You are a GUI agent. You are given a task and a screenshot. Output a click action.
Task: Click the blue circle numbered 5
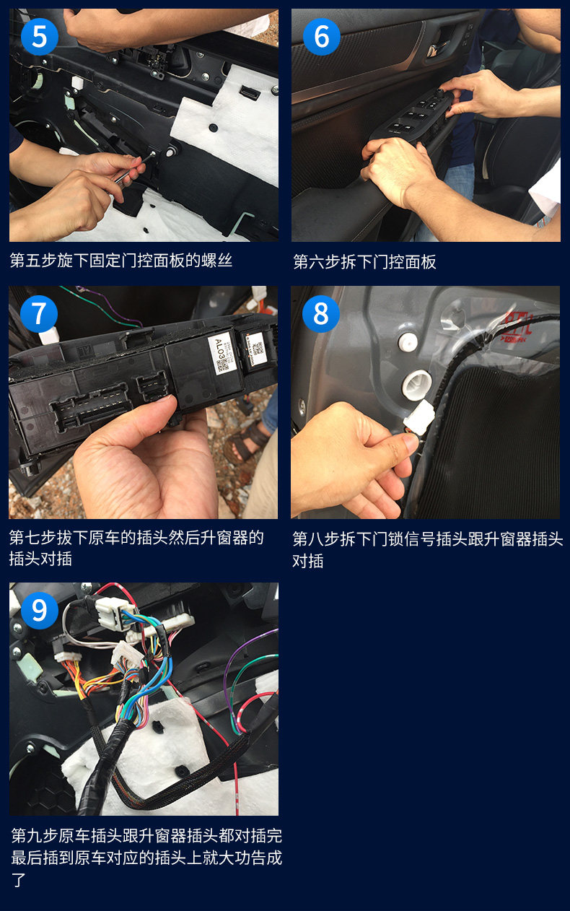point(40,37)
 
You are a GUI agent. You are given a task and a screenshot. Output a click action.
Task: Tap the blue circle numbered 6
point(322,37)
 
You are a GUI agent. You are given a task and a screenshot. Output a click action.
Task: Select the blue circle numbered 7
point(39,314)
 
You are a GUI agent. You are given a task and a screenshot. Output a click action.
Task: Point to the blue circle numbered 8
point(321,314)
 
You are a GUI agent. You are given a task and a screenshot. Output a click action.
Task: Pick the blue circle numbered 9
point(40,611)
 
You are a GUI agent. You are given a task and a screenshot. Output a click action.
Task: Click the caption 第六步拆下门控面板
point(364,262)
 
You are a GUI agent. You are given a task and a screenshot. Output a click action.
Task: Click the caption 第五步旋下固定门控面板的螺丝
point(121,261)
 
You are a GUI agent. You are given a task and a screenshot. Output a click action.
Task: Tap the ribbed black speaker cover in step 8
point(488,443)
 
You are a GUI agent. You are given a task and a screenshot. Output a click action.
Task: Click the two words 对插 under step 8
point(308,561)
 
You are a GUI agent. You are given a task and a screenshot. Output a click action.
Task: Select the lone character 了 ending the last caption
point(18,881)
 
